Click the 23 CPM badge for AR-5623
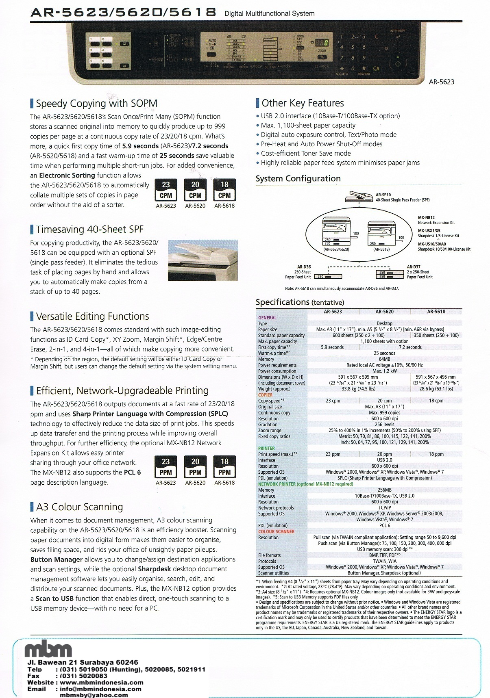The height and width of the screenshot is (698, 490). pyautogui.click(x=166, y=190)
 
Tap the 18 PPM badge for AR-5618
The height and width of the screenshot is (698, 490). pyautogui.click(x=224, y=467)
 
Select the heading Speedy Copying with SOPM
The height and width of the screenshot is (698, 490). pyautogui.click(x=96, y=104)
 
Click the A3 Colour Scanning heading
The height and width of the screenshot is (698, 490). pyautogui.click(x=79, y=507)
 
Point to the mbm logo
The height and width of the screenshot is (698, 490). pyautogui.click(x=48, y=650)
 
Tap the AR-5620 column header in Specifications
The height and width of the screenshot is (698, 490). pyautogui.click(x=384, y=312)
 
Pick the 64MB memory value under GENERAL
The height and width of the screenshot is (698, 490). pyautogui.click(x=384, y=359)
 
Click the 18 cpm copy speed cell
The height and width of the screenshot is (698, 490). pyautogui.click(x=436, y=401)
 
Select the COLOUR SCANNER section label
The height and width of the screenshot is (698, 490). pyautogui.click(x=276, y=531)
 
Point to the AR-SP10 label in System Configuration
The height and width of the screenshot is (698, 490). pyautogui.click(x=383, y=195)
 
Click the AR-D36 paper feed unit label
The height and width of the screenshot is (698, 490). pyautogui.click(x=304, y=267)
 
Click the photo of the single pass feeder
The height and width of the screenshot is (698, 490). pyautogui.click(x=203, y=260)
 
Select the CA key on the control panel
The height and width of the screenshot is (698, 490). pyautogui.click(x=376, y=69)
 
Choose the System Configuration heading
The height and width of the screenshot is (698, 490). pyautogui.click(x=298, y=178)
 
